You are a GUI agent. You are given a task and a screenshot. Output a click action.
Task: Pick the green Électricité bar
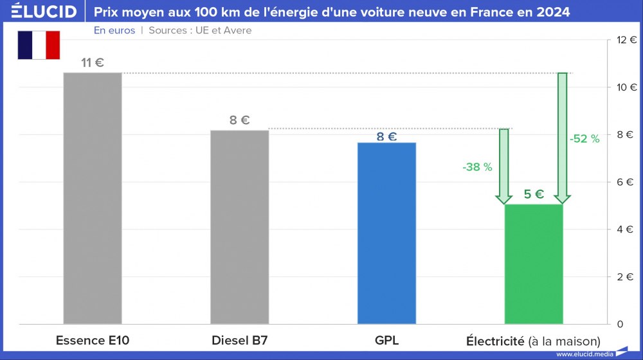(534, 264)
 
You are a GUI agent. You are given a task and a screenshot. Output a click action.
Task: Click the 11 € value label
(93, 63)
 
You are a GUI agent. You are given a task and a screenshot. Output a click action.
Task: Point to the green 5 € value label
(534, 194)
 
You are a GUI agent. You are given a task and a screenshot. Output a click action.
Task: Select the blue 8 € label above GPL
(386, 136)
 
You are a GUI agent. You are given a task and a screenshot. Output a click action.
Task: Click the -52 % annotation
(584, 139)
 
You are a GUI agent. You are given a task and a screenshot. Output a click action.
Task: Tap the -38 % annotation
(477, 167)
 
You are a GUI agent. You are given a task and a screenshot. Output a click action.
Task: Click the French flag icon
(39, 45)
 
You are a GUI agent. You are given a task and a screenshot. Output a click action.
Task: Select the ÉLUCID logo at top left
(44, 12)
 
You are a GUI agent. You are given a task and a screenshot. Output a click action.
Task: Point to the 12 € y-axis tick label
(626, 40)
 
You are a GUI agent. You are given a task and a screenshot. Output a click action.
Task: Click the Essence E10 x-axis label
(93, 341)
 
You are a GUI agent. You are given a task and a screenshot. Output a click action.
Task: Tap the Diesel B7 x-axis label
(239, 341)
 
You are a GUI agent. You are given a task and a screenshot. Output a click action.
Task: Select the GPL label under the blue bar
(386, 341)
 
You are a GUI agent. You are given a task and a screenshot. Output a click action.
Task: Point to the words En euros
(114, 30)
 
